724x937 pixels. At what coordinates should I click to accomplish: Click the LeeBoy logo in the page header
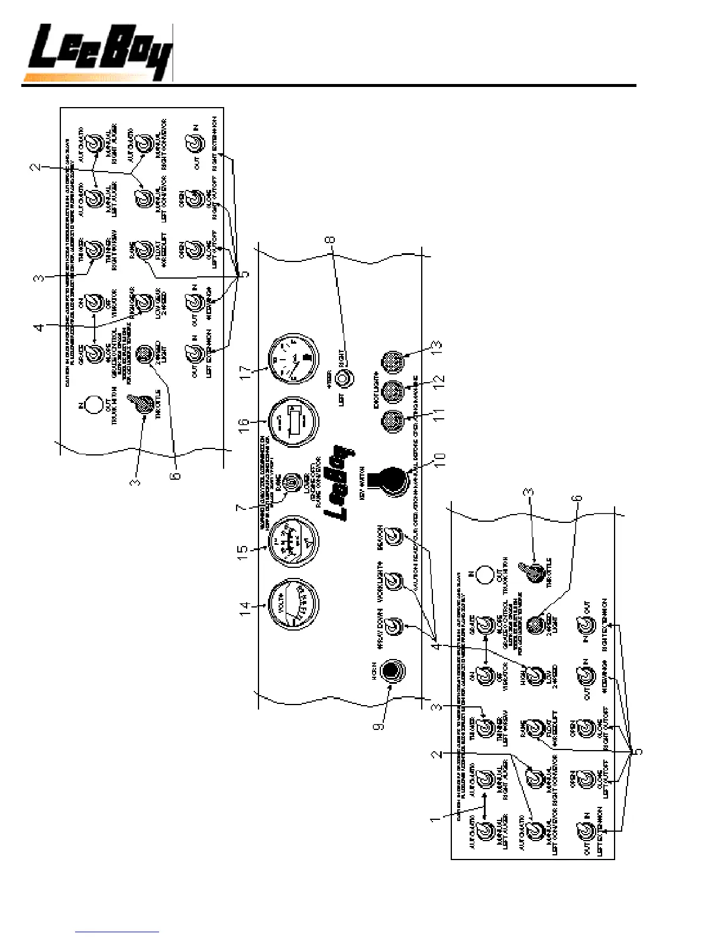click(x=98, y=53)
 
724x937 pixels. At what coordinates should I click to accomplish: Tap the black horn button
click(x=391, y=670)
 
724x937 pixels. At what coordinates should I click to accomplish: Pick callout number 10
click(x=441, y=467)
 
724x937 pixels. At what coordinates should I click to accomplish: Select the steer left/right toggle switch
click(x=343, y=377)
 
